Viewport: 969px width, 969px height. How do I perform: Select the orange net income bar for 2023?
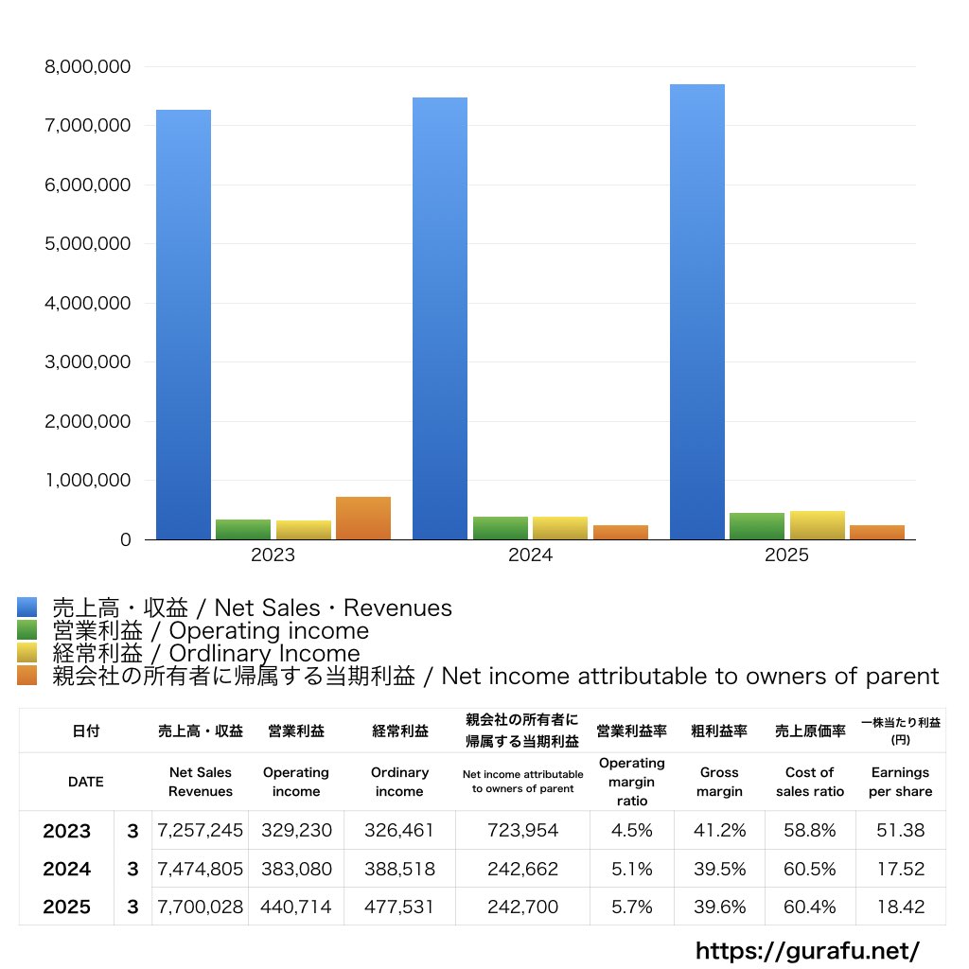[363, 518]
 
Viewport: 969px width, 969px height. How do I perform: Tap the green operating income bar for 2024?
[500, 528]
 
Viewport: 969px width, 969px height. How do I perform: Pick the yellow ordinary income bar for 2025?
[817, 525]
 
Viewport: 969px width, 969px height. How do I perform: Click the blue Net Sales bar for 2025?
[697, 312]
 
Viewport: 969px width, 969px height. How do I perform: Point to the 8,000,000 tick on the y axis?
[87, 67]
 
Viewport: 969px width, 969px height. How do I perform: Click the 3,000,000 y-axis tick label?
[87, 362]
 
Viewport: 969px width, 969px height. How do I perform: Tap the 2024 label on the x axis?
[530, 555]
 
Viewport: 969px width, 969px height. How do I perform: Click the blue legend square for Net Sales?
[26, 608]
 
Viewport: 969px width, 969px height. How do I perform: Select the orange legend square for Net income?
[26, 676]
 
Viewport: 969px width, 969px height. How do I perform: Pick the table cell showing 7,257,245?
[201, 831]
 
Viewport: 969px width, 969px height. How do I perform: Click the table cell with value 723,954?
[521, 831]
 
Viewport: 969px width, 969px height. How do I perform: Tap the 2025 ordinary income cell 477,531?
[399, 907]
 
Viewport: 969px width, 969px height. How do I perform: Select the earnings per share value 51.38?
[900, 831]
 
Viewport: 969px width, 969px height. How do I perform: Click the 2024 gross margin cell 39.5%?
[719, 869]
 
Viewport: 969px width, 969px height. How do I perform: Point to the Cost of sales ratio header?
[809, 782]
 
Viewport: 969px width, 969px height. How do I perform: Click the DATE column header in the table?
[85, 782]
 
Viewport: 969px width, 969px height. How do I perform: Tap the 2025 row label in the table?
[66, 907]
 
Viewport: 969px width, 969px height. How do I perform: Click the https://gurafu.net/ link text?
[807, 950]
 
